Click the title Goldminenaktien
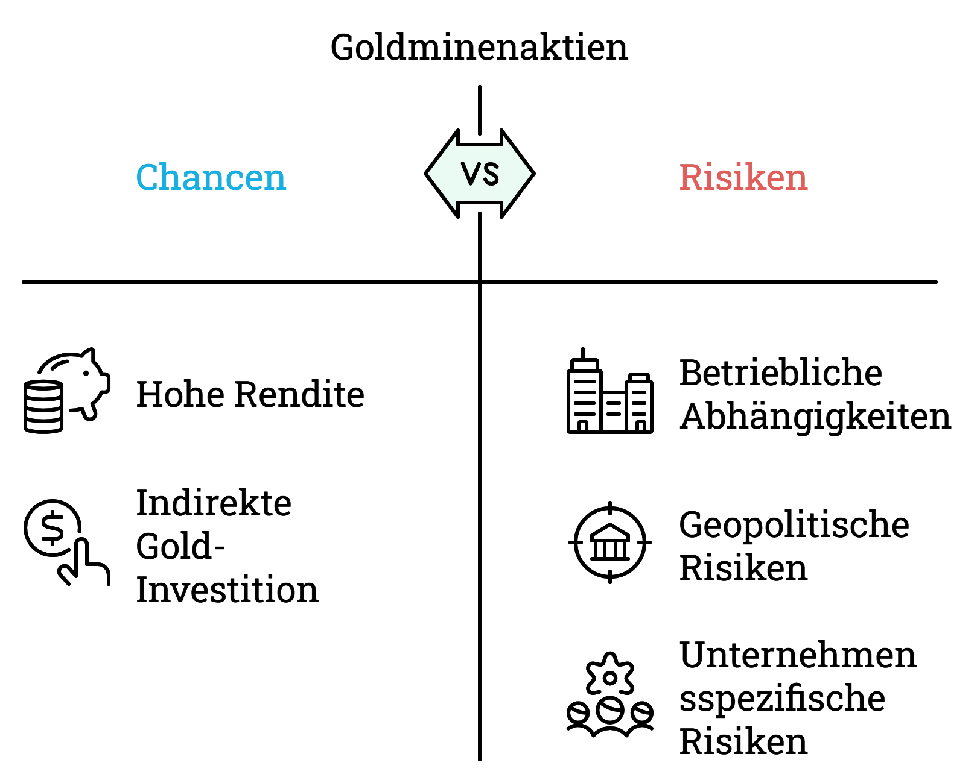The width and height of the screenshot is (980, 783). (x=479, y=48)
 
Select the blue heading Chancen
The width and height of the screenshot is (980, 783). (x=211, y=177)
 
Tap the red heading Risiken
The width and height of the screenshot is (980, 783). (x=743, y=177)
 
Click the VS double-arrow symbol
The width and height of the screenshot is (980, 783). (x=480, y=174)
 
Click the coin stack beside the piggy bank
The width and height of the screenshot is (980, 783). (x=43, y=407)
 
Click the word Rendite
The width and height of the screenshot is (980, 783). (x=300, y=394)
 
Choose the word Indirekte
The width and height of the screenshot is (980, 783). (x=214, y=503)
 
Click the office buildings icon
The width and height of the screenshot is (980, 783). (x=609, y=391)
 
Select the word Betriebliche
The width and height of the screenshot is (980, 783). (x=780, y=373)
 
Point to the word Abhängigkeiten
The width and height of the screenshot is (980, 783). (x=815, y=417)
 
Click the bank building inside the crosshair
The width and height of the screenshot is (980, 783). (x=609, y=542)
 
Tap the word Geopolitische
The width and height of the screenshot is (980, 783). (x=794, y=524)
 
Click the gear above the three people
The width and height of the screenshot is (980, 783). (x=609, y=674)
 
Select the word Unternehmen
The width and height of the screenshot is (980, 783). (x=797, y=655)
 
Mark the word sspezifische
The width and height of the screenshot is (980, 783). (x=782, y=699)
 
